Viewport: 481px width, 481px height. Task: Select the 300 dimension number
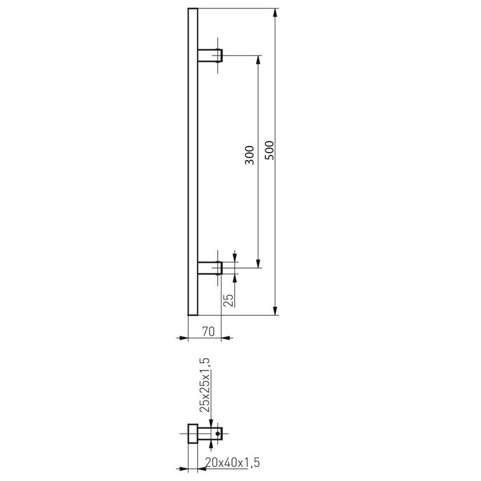249,155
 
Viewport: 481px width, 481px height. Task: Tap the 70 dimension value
208,331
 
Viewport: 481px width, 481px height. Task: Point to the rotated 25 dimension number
228,299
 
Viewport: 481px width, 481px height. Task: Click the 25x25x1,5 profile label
205,384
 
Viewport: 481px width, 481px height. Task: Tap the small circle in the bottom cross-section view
217,434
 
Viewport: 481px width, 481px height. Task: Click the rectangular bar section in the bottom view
193,433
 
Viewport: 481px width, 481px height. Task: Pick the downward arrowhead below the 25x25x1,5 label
212,422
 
